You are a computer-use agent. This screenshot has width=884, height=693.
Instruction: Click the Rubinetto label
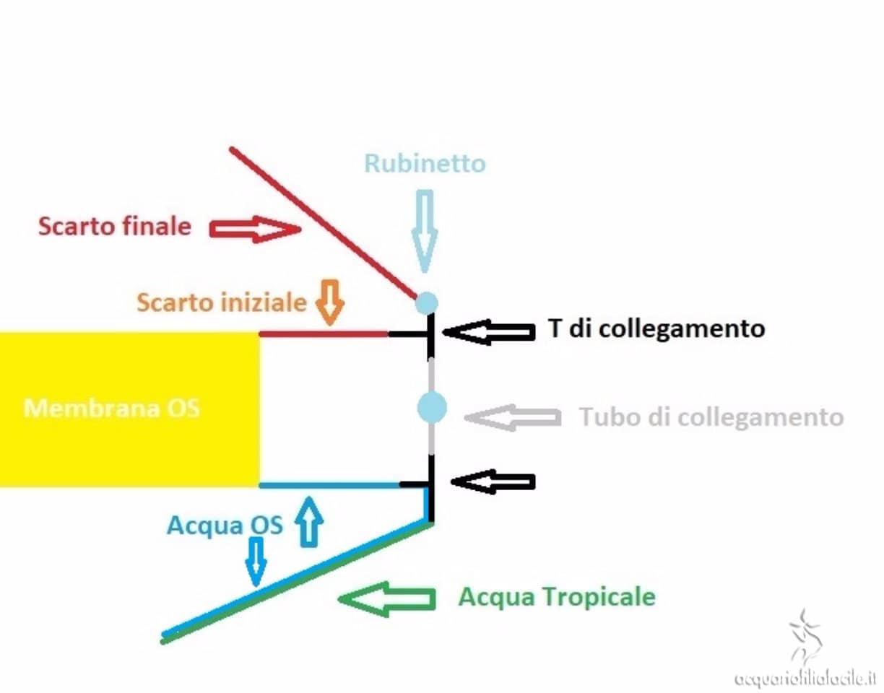click(425, 164)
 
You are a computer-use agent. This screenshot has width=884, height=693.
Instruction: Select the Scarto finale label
click(115, 227)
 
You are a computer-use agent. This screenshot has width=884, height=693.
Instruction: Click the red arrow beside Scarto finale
click(254, 230)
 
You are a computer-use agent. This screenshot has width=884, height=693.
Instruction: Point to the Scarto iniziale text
click(222, 302)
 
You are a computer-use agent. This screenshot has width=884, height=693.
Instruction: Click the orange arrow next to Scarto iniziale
click(329, 300)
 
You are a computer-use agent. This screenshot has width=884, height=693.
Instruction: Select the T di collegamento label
click(656, 329)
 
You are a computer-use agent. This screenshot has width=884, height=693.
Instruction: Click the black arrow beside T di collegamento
click(489, 332)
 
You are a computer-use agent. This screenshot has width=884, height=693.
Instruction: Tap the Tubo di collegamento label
click(711, 417)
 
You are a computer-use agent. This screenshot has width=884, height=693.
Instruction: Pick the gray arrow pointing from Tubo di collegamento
click(513, 417)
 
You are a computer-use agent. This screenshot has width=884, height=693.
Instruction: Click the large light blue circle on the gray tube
click(432, 408)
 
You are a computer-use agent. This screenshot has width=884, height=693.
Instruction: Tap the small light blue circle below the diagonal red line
click(426, 302)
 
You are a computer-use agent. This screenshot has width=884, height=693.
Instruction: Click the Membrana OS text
click(112, 409)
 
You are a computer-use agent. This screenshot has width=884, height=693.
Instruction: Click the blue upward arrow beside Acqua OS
click(309, 520)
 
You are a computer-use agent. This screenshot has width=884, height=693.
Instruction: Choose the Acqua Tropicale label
click(557, 598)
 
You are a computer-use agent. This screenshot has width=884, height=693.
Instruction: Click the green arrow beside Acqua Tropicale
click(386, 598)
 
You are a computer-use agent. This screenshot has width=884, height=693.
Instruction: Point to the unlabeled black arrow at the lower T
click(493, 481)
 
